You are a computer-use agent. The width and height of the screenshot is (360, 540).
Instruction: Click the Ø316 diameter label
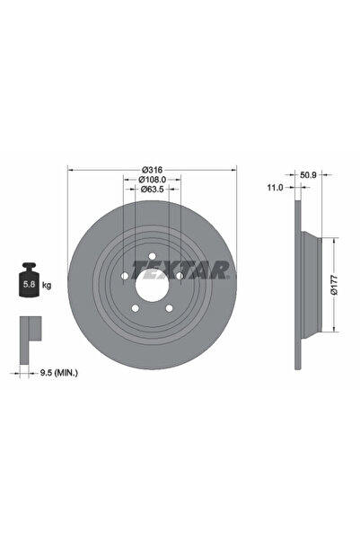(151, 168)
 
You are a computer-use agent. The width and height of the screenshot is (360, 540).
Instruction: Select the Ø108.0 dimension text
(151, 179)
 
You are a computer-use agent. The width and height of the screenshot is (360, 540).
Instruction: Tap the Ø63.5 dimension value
(151, 190)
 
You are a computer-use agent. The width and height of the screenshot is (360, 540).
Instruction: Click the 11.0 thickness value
(276, 187)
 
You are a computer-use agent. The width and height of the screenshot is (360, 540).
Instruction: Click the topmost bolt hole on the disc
(151, 257)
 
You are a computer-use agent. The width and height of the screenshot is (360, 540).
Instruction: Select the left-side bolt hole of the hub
(124, 277)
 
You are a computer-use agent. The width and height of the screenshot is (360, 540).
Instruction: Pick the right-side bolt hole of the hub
(179, 277)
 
